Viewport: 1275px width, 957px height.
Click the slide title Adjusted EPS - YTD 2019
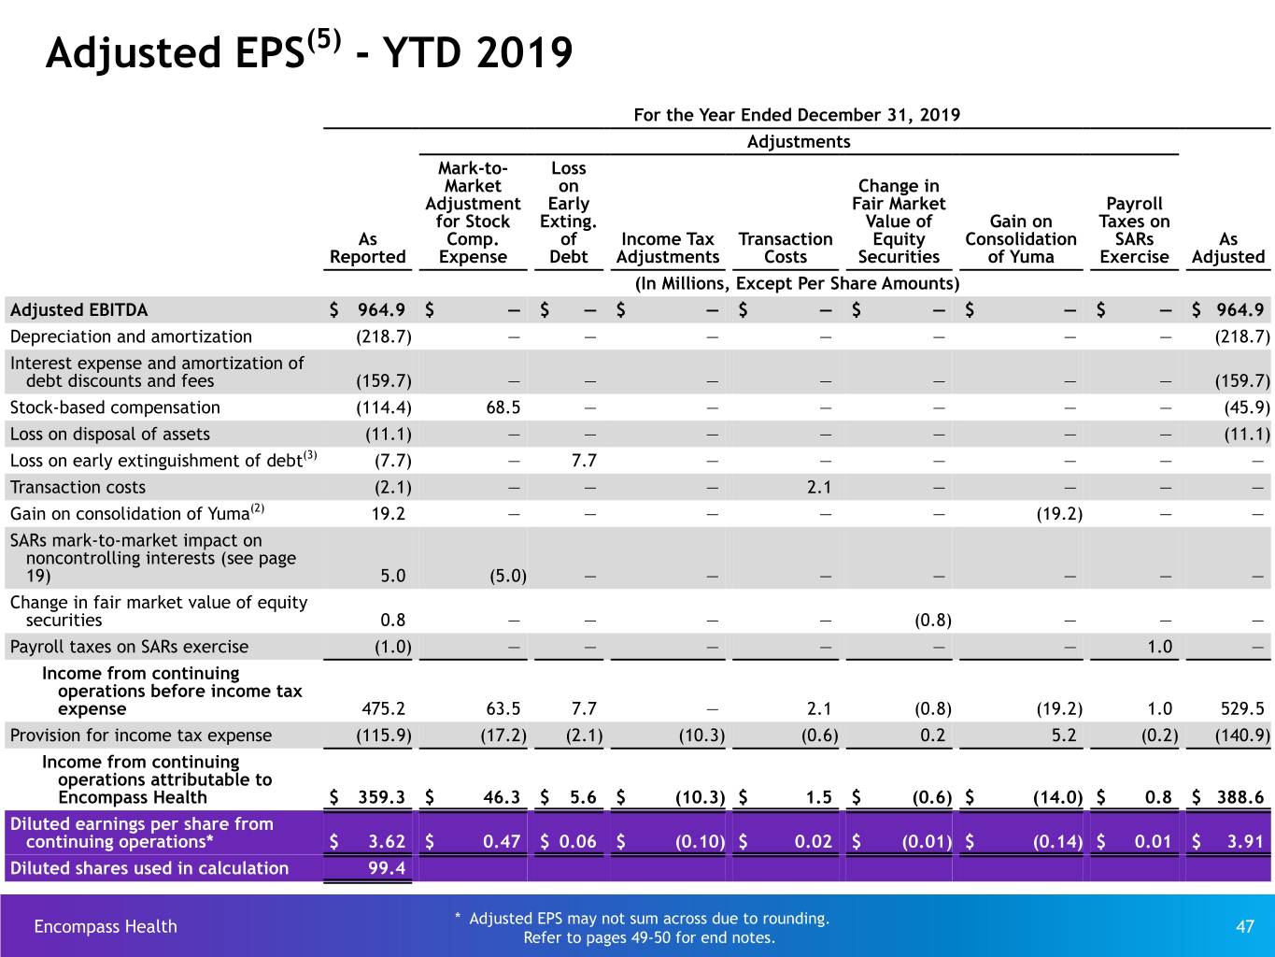[x=309, y=51]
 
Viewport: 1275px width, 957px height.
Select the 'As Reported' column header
[x=368, y=248]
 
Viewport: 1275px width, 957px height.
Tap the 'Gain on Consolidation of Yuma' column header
[x=1021, y=239]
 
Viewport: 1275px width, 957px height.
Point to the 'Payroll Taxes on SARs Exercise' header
[x=1134, y=230]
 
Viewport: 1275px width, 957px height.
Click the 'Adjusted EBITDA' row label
[x=79, y=309]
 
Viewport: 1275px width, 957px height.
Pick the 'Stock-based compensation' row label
[x=115, y=407]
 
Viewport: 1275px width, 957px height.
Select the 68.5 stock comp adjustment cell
[x=503, y=407]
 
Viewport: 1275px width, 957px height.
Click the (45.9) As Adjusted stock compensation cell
[x=1247, y=407]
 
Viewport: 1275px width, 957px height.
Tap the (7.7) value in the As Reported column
[x=392, y=461]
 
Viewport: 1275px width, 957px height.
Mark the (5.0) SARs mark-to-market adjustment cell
[x=508, y=576]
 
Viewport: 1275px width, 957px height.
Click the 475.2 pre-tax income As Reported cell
[x=383, y=708]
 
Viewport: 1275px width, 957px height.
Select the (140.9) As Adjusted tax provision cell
[x=1242, y=735]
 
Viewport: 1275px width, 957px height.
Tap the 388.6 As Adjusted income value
[x=1240, y=796]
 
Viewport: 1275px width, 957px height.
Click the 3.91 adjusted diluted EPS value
[x=1245, y=841]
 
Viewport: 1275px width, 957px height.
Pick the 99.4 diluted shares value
[x=387, y=867]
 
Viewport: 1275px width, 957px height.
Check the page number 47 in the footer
[x=1245, y=926]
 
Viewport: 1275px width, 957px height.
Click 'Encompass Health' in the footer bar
[x=106, y=926]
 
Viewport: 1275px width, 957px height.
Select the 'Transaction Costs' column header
[x=786, y=248]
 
